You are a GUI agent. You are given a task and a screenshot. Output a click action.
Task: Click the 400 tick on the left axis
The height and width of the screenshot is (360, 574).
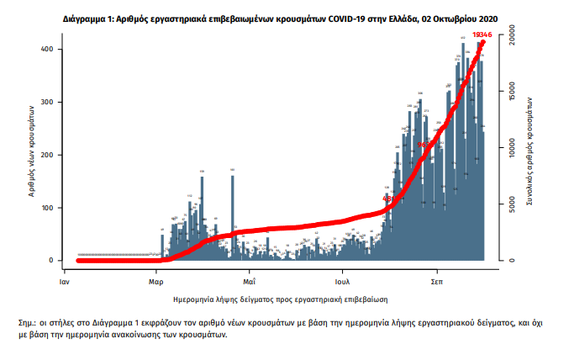click(x=47, y=50)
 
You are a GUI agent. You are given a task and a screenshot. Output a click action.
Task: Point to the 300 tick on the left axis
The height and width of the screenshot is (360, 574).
click(x=47, y=103)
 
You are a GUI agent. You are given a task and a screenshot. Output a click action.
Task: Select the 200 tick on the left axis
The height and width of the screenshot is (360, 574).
click(x=47, y=156)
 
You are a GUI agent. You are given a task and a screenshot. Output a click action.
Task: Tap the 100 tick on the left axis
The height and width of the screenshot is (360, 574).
click(x=47, y=208)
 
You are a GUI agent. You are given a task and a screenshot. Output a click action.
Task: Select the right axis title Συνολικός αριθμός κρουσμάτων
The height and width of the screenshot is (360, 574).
click(x=531, y=150)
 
